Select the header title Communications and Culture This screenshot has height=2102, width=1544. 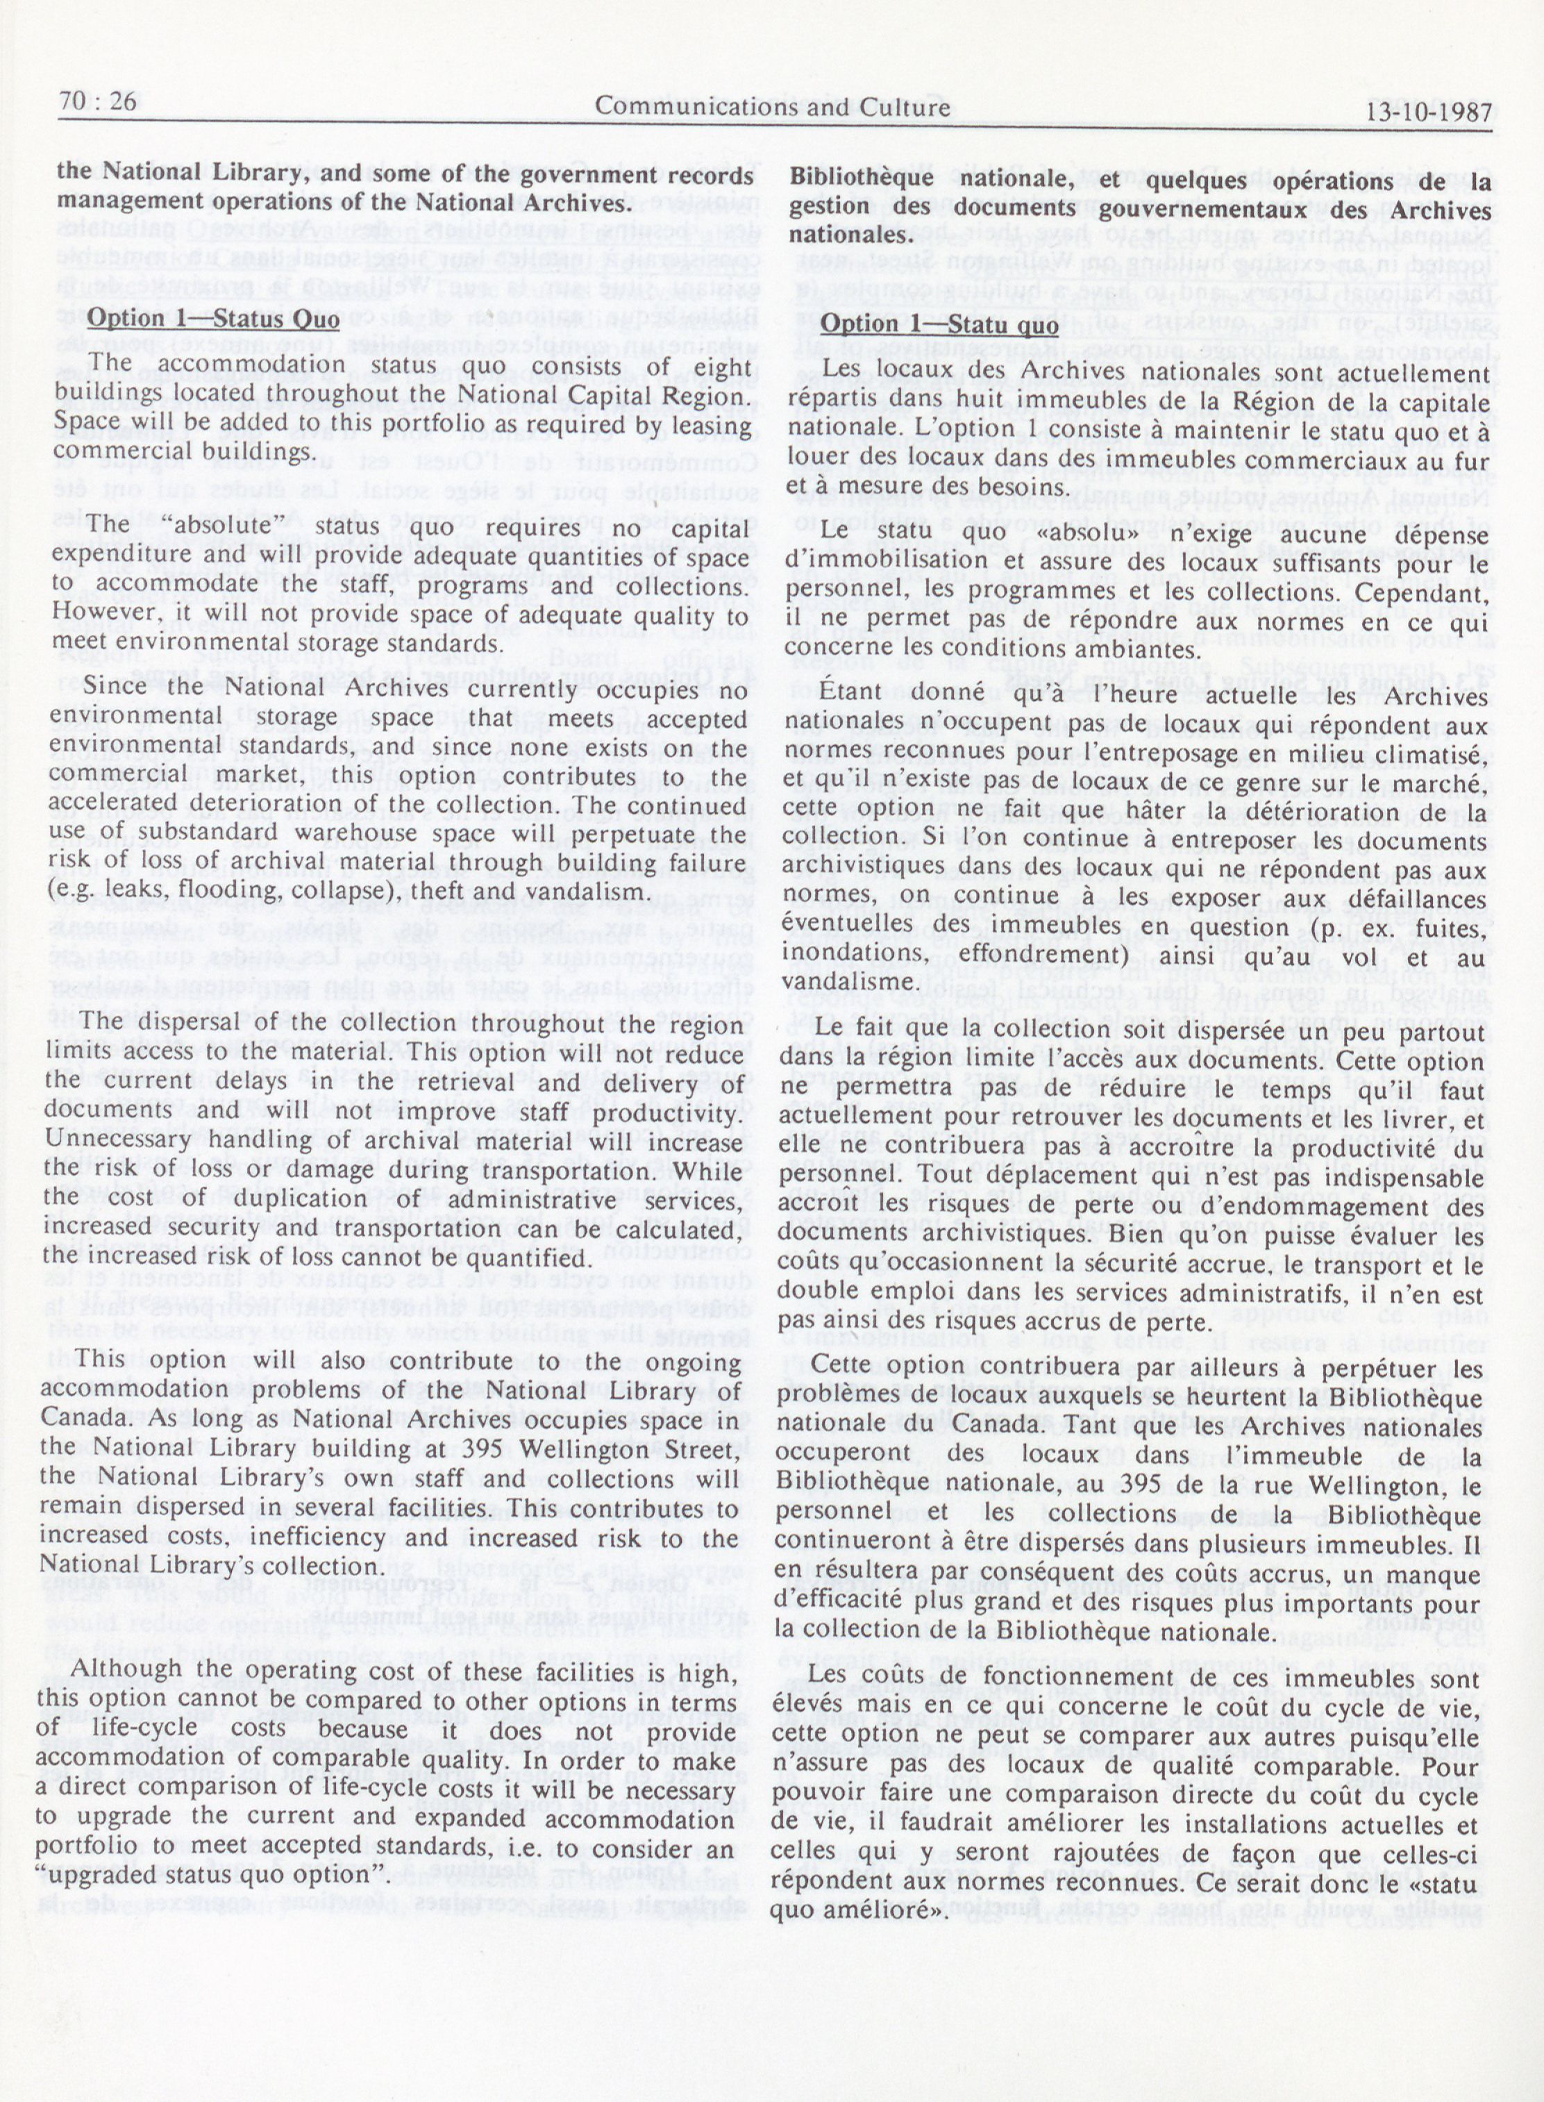[772, 106]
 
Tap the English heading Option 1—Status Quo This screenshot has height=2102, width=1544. [214, 317]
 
